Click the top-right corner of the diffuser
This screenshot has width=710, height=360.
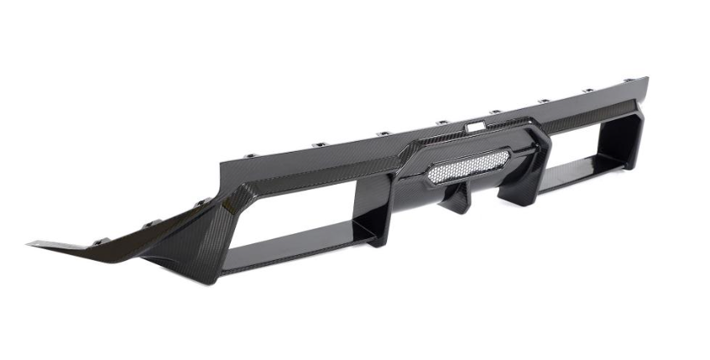click(x=646, y=79)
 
